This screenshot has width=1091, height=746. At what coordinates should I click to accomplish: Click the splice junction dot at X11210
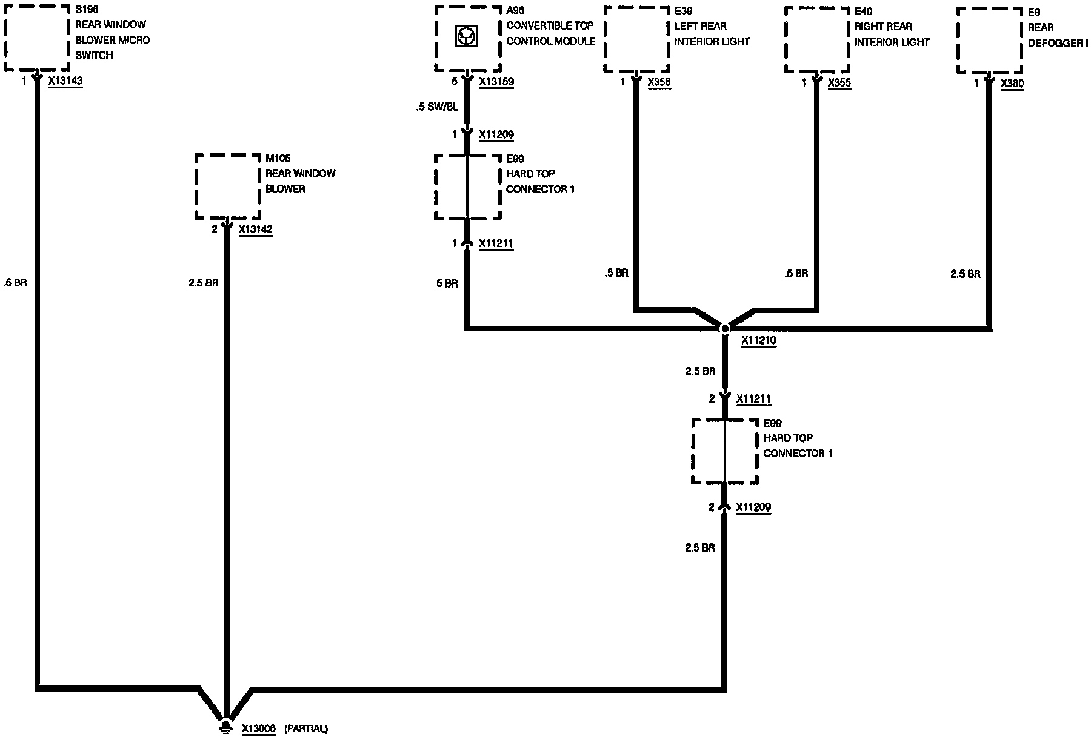tap(725, 329)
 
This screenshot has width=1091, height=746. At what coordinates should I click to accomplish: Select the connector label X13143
tap(65, 81)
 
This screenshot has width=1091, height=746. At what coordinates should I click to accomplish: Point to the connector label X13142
tap(255, 230)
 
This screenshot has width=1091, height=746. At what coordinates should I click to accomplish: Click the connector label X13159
tap(496, 81)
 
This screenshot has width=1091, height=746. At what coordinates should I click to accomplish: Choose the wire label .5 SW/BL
tap(437, 107)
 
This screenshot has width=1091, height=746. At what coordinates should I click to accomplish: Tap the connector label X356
tap(659, 82)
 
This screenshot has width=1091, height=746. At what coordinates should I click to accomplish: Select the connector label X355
tap(839, 83)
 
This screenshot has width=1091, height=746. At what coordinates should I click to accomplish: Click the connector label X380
tap(1012, 84)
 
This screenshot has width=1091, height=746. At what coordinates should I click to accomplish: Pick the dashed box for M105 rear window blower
tap(227, 187)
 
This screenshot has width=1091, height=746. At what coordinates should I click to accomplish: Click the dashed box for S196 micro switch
tap(37, 38)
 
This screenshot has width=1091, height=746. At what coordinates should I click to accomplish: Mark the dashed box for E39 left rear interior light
tap(636, 39)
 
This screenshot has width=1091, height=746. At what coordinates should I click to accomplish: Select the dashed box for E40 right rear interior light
tap(816, 39)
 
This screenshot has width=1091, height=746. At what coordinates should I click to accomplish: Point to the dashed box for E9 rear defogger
tap(989, 40)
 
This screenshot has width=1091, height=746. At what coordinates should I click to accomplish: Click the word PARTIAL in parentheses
tap(305, 729)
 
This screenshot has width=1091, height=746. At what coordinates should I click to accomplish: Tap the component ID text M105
tap(278, 159)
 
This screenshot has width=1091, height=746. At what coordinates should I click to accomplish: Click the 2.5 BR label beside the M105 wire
tap(203, 283)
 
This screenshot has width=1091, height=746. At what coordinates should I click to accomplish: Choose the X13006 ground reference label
tap(259, 729)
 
